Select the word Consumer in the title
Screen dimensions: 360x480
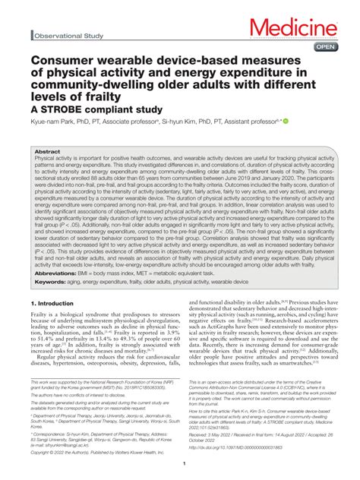coord(62,59)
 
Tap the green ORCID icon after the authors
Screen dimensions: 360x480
coord(286,121)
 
